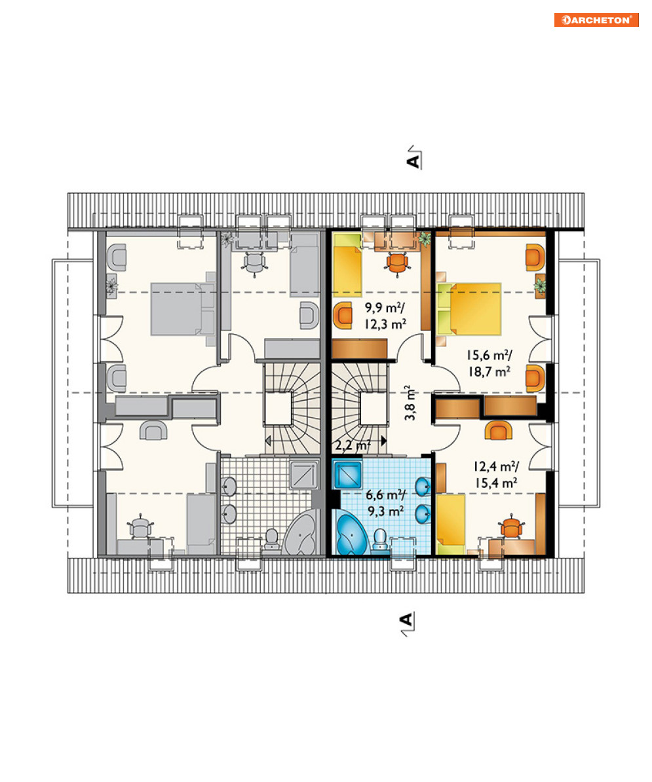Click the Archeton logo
(x=596, y=20)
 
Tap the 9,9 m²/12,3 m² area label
(x=385, y=316)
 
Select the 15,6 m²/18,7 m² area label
(x=489, y=363)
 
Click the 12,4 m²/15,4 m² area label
(x=496, y=474)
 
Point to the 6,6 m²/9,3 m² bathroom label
(x=385, y=503)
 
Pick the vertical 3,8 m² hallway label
(x=410, y=403)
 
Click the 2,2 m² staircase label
(x=353, y=445)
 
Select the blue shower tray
(x=348, y=475)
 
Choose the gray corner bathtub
(x=300, y=532)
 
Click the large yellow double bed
(x=469, y=309)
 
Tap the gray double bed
(x=183, y=309)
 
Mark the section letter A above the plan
(x=413, y=162)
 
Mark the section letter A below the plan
(x=406, y=620)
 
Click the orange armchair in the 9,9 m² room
(x=343, y=315)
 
